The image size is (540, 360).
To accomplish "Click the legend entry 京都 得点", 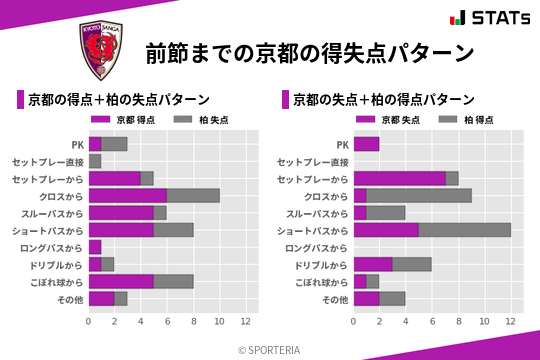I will [x=129, y=119].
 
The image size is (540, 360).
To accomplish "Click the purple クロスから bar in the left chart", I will [x=127, y=195].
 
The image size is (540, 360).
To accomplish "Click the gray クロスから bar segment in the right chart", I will [x=419, y=195].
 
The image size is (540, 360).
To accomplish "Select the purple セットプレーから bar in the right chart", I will [x=399, y=178].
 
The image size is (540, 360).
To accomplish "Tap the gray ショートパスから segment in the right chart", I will [x=464, y=230].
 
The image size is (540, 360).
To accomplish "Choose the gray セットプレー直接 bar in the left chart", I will [x=95, y=161].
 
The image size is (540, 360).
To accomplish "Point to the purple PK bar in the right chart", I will [x=366, y=144].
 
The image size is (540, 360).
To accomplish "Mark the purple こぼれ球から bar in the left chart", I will [x=121, y=281].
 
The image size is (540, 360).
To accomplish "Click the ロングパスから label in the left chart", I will [x=58, y=247].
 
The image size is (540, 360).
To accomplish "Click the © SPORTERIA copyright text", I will [x=270, y=349].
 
